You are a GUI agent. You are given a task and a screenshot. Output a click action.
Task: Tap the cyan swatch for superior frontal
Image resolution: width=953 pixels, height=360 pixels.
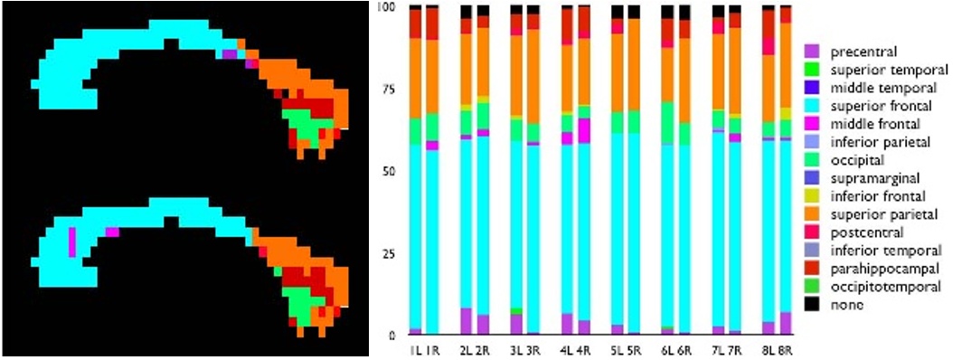click(811, 106)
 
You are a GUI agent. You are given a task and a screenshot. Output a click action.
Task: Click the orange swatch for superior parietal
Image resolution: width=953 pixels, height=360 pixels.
click(811, 214)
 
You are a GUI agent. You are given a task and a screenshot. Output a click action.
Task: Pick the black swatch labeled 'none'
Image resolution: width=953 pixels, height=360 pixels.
click(811, 305)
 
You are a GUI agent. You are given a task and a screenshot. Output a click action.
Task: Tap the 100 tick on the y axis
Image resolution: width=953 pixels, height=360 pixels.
click(390, 6)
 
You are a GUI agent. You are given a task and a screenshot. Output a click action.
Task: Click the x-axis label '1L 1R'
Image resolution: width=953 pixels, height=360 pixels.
click(424, 350)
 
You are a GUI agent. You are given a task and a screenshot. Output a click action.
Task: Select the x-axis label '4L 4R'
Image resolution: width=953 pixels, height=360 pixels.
click(575, 350)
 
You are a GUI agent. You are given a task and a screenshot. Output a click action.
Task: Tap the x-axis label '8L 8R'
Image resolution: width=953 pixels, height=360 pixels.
click(776, 350)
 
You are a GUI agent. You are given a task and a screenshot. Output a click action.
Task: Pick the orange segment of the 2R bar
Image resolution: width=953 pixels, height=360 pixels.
click(484, 63)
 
